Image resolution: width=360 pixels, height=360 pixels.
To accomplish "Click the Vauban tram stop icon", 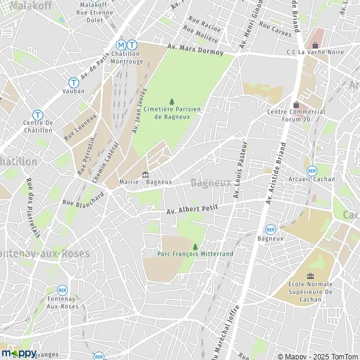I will (74, 82).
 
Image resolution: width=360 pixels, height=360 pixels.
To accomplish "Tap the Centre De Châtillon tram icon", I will (38, 114).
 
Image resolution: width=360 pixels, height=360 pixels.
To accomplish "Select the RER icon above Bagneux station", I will (271, 229).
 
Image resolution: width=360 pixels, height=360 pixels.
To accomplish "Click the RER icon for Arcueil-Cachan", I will (311, 169).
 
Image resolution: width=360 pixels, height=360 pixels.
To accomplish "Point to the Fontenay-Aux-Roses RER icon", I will (62, 290).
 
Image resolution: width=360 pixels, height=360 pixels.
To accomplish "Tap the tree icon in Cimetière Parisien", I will (172, 101).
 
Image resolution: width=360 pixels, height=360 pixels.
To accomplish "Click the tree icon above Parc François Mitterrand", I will (195, 246).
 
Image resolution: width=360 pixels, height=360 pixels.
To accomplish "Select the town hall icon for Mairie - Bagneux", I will (145, 175).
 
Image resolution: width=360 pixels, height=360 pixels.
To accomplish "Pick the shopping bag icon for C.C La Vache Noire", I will (314, 45).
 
